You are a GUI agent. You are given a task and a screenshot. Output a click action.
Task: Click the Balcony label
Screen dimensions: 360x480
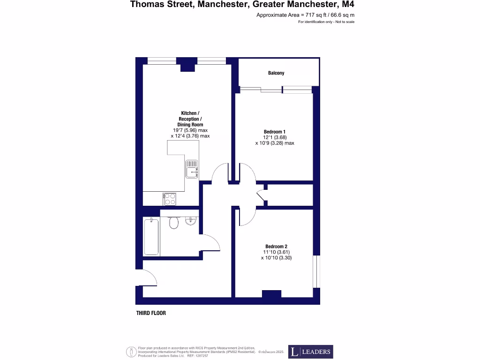(276, 73)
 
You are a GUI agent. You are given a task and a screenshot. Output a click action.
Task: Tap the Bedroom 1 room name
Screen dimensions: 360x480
(275, 132)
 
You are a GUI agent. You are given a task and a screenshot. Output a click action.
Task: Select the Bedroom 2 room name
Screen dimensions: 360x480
(276, 247)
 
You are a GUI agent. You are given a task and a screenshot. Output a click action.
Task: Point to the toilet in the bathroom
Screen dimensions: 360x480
(174, 223)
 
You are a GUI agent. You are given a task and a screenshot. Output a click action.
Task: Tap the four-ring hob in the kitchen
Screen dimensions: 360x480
(169, 199)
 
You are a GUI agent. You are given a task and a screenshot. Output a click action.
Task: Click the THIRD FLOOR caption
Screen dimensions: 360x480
(151, 313)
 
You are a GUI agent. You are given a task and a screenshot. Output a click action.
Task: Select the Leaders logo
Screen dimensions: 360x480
(310, 352)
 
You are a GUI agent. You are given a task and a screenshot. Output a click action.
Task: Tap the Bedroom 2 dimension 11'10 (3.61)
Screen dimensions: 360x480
(276, 252)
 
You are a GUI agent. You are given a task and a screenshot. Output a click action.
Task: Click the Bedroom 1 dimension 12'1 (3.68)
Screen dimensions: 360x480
(275, 137)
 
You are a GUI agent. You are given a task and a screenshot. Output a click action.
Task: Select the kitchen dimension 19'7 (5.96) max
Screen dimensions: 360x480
(190, 130)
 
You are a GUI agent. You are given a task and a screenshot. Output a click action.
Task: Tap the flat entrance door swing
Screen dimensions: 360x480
(149, 278)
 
